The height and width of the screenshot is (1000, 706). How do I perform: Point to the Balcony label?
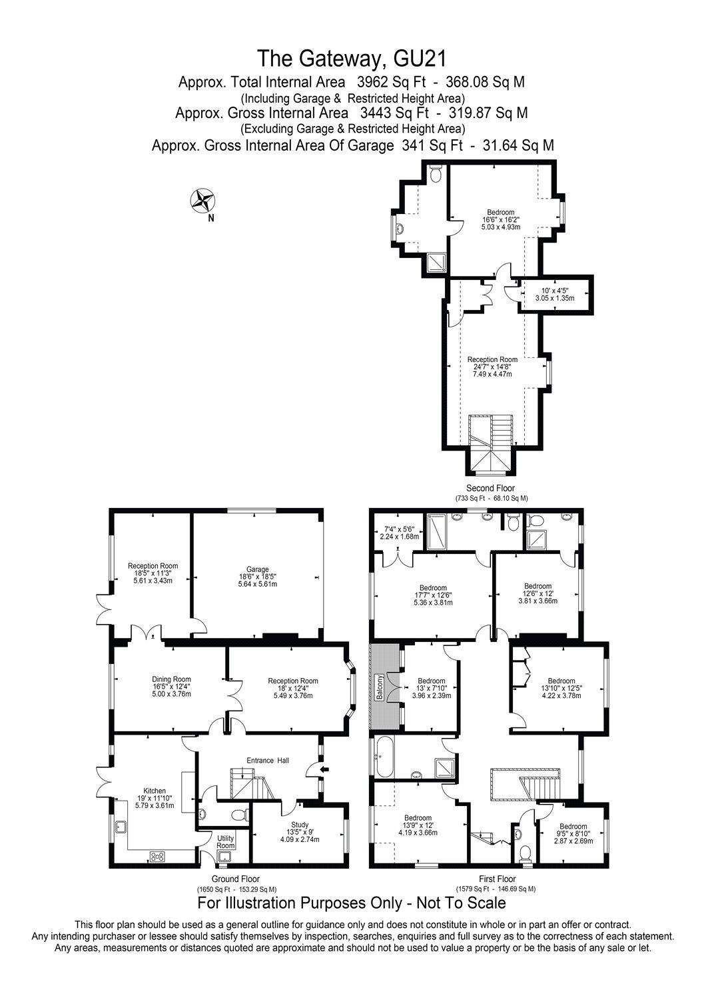pyautogui.click(x=381, y=685)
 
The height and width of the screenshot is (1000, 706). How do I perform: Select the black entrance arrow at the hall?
pyautogui.click(x=324, y=770)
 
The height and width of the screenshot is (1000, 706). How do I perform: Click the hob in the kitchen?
pyautogui.click(x=158, y=857)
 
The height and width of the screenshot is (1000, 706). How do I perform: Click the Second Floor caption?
pyautogui.click(x=490, y=488)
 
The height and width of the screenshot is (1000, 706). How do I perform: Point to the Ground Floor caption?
pyautogui.click(x=235, y=879)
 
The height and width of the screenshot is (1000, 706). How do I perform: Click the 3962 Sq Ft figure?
pyautogui.click(x=394, y=83)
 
